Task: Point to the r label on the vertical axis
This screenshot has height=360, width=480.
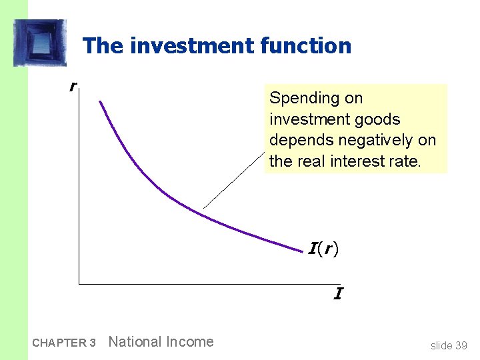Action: pyautogui.click(x=72, y=86)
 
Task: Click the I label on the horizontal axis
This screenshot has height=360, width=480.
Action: pyautogui.click(x=338, y=294)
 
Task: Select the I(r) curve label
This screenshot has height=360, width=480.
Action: pyautogui.click(x=323, y=249)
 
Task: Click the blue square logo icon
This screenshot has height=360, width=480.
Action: pyautogui.click(x=40, y=43)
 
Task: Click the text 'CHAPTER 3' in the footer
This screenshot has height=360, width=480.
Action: pyautogui.click(x=64, y=343)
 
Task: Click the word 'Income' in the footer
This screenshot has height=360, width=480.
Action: pyautogui.click(x=191, y=342)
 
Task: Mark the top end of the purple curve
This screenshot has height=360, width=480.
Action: pyautogui.click(x=100, y=101)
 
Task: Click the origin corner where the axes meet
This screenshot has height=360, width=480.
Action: pyautogui.click(x=79, y=284)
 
